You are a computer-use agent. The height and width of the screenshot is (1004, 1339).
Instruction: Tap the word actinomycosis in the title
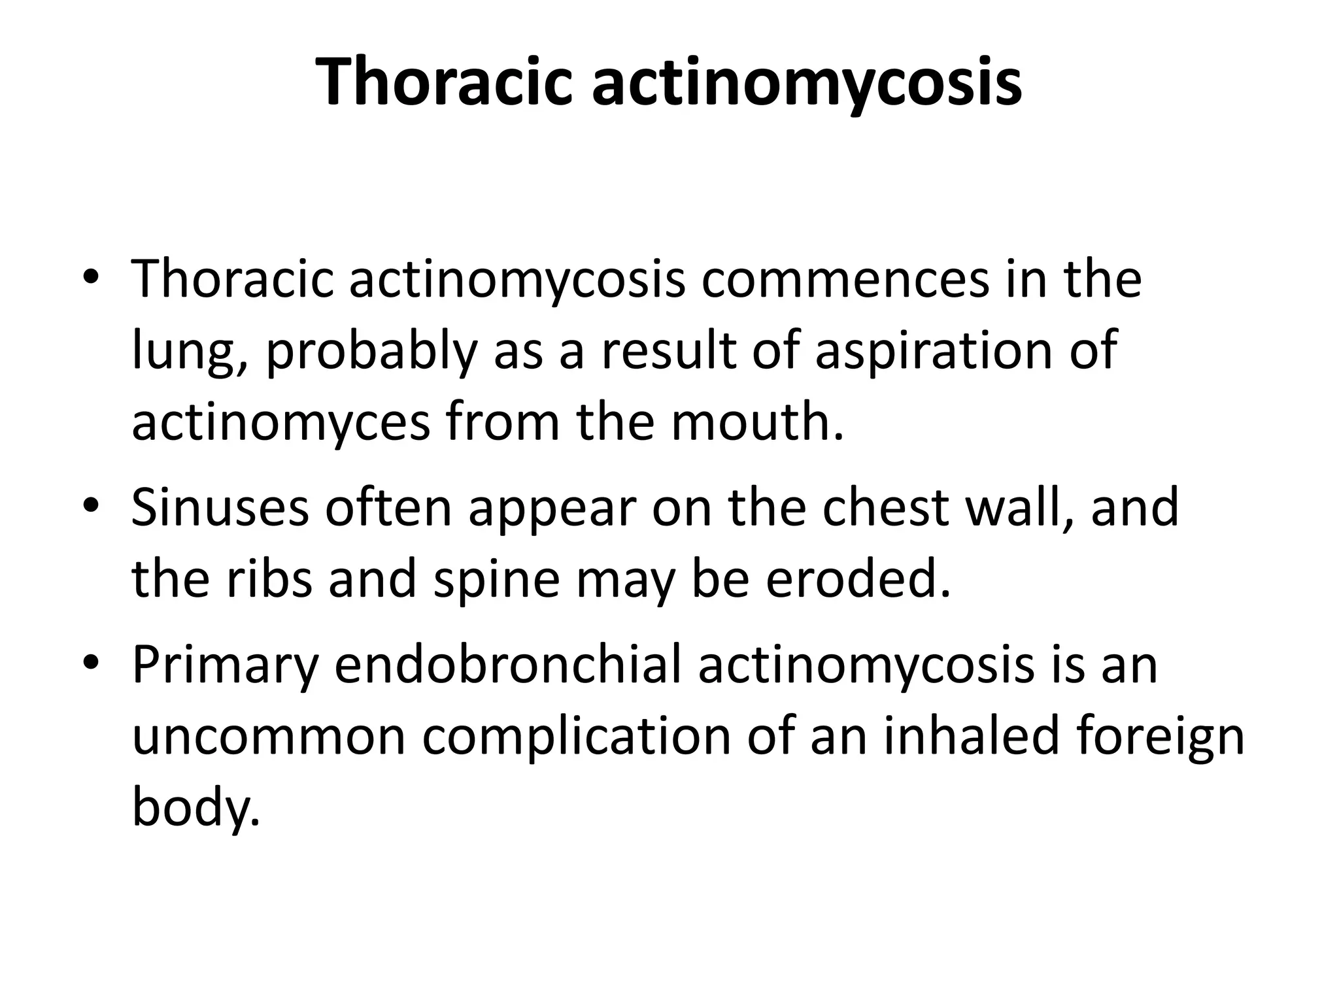(x=807, y=82)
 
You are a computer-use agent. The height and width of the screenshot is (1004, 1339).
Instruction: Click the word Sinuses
(x=220, y=508)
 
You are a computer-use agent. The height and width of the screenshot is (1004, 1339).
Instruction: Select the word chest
(x=886, y=508)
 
